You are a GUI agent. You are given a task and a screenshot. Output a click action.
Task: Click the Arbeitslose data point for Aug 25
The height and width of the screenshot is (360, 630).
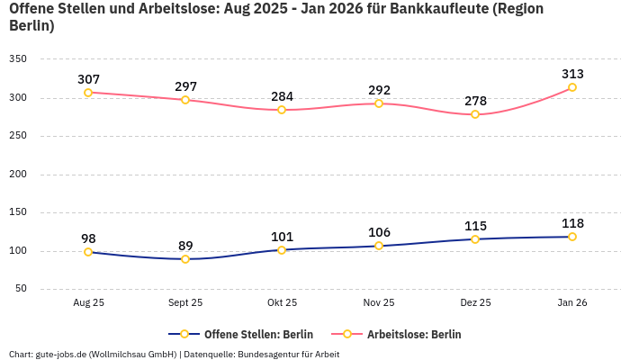pyautogui.click(x=88, y=93)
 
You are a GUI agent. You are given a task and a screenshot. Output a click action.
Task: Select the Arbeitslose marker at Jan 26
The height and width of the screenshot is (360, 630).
pyautogui.click(x=572, y=87)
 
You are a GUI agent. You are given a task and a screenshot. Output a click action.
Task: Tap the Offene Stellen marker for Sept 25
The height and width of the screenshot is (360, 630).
pyautogui.click(x=185, y=259)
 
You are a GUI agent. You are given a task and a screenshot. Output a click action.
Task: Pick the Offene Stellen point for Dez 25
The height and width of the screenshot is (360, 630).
pyautogui.click(x=475, y=239)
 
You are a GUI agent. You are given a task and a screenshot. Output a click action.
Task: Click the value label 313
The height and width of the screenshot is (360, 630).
pyautogui.click(x=572, y=74)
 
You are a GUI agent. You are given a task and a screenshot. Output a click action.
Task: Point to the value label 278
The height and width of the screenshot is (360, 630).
pyautogui.click(x=475, y=101)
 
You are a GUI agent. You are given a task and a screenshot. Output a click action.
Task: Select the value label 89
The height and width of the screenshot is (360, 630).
pyautogui.click(x=185, y=246)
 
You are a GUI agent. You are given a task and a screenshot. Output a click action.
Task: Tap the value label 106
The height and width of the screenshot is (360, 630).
pyautogui.click(x=379, y=232)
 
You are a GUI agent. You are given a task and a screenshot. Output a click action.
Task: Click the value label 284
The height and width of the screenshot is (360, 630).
pyautogui.click(x=282, y=96)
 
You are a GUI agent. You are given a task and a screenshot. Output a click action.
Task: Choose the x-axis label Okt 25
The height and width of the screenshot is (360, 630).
pyautogui.click(x=282, y=303)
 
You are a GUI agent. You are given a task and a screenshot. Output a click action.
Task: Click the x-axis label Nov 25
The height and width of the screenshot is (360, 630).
pyautogui.click(x=379, y=303)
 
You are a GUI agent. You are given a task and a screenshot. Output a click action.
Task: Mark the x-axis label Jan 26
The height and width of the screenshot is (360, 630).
pyautogui.click(x=572, y=303)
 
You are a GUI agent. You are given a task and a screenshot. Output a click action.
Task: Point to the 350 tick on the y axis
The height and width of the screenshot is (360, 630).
pyautogui.click(x=18, y=59)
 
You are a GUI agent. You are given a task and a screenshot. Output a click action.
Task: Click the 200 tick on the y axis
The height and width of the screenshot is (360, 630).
pyautogui.click(x=18, y=175)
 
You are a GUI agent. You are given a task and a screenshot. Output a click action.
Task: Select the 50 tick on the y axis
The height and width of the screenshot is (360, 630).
pyautogui.click(x=21, y=289)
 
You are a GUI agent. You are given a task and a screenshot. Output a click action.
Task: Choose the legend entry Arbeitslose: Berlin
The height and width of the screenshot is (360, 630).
pyautogui.click(x=413, y=335)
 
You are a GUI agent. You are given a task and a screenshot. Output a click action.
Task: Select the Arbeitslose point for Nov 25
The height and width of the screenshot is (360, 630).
pyautogui.click(x=379, y=103)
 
